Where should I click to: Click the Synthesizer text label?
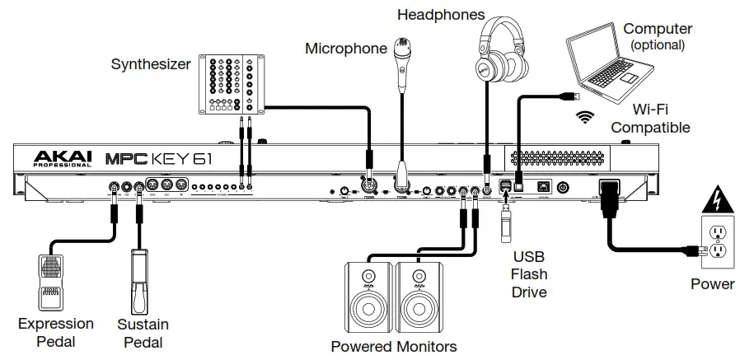click(x=150, y=63)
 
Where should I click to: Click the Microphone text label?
click(x=345, y=49)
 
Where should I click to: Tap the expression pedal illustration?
click(x=52, y=280)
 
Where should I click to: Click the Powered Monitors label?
click(x=393, y=346)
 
